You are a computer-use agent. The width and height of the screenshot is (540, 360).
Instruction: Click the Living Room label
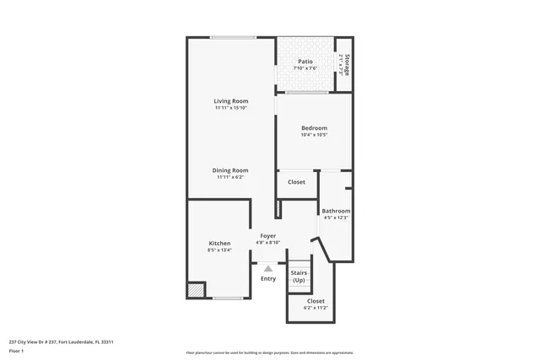[x=230, y=101]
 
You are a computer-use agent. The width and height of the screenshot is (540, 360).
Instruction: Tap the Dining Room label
[x=230, y=170]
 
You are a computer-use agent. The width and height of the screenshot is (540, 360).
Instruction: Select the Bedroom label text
[x=314, y=128]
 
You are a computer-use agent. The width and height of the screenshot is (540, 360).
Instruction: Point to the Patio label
[x=305, y=62]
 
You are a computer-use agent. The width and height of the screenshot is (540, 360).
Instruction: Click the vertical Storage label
[x=346, y=65]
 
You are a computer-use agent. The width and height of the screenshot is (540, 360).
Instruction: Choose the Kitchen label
[x=219, y=244]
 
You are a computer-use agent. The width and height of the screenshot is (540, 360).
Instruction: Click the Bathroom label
[x=336, y=211]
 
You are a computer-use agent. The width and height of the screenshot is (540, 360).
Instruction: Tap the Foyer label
[x=267, y=236]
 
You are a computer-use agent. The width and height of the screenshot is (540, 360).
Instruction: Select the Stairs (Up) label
[x=299, y=277]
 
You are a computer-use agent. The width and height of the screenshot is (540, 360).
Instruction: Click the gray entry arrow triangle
[x=268, y=269]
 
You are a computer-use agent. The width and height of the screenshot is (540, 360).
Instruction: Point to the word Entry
[x=268, y=279]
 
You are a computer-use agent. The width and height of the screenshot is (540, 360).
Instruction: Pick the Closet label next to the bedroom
[x=297, y=182]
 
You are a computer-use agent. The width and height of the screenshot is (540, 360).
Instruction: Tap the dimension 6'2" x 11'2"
[x=316, y=308]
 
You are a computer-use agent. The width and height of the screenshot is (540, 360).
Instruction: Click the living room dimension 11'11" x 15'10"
[x=230, y=108]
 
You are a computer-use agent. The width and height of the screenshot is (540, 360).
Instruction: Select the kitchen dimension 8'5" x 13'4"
[x=219, y=250]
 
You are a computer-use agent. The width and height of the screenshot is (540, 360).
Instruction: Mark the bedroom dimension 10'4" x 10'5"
[x=314, y=135]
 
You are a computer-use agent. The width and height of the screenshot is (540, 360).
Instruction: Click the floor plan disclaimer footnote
[x=270, y=352]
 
